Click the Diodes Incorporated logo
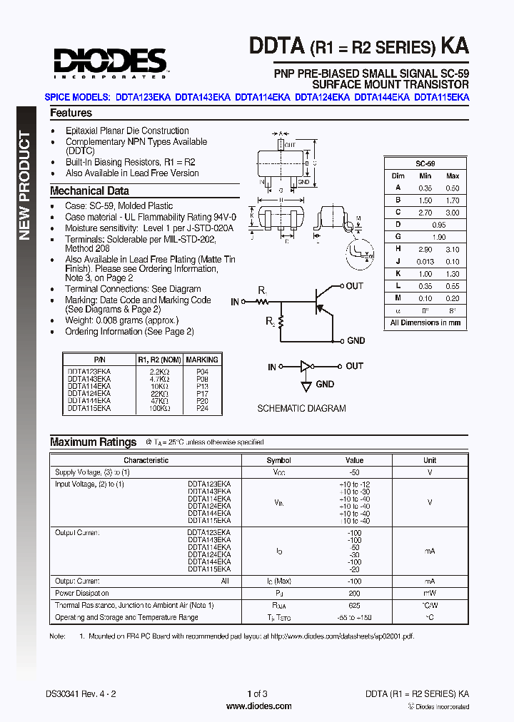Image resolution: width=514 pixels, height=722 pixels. pyautogui.click(x=109, y=63)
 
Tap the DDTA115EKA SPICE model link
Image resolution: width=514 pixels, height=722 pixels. pyautogui.click(x=441, y=98)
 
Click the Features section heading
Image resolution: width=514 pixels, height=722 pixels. pyautogui.click(x=71, y=113)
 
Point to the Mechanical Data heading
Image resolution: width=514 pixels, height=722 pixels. pyautogui.click(x=89, y=190)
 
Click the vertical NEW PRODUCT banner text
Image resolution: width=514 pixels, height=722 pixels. pyautogui.click(x=24, y=185)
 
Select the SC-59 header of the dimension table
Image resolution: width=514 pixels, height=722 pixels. pyautogui.click(x=425, y=163)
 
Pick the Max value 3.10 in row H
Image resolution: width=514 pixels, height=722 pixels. pyautogui.click(x=453, y=250)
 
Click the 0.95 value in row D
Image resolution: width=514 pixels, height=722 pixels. pyautogui.click(x=438, y=225)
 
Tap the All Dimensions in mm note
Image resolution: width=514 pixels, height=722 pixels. pyautogui.click(x=425, y=322)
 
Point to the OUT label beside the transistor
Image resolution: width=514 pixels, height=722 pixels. pyautogui.click(x=354, y=286)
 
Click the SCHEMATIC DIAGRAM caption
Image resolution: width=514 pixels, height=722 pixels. pyautogui.click(x=301, y=409)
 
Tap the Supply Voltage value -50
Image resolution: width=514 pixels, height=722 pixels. pyautogui.click(x=354, y=472)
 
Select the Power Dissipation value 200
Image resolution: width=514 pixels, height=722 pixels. pyautogui.click(x=354, y=593)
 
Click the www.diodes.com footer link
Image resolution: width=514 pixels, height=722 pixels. pyautogui.click(x=258, y=706)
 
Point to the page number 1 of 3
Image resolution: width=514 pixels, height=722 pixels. pyautogui.click(x=257, y=693)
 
